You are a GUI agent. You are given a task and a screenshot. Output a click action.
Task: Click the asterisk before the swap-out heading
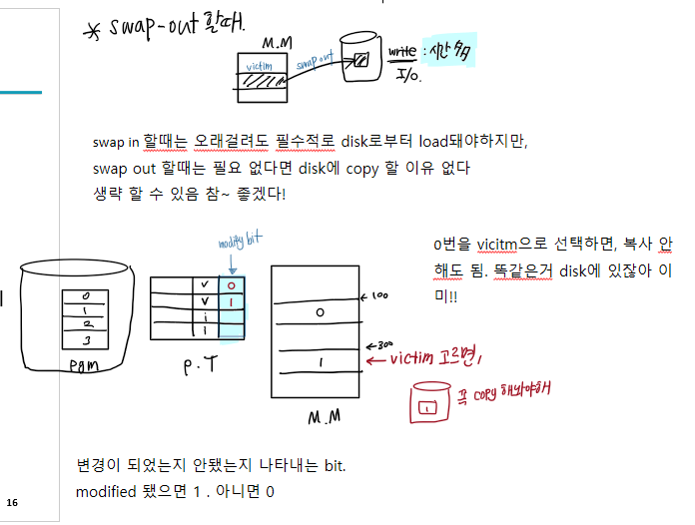coord(94,31)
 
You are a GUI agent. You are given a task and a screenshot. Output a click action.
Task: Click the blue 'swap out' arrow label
coord(314,63)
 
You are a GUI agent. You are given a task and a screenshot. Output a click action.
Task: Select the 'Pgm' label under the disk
coord(85,366)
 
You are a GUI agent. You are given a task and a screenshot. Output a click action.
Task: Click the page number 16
coord(12,501)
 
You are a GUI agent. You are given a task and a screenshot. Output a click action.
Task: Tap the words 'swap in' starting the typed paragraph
coord(111,142)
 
